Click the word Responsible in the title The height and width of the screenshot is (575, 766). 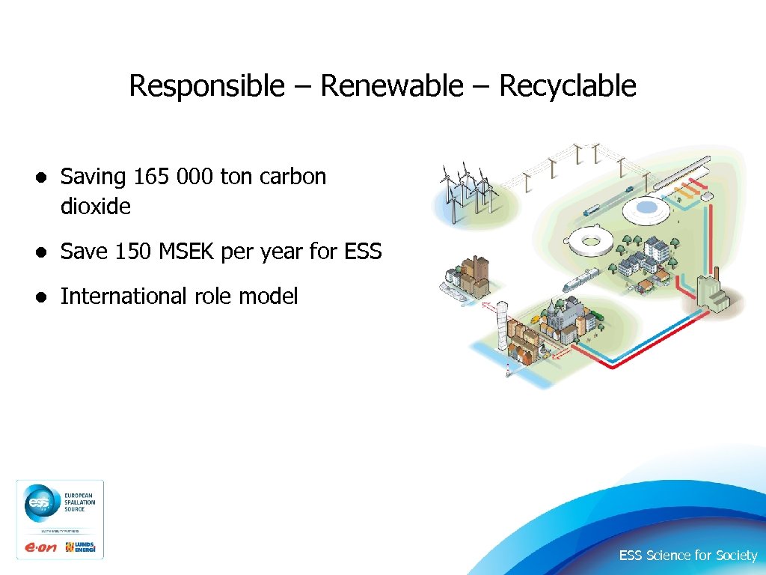pyautogui.click(x=206, y=86)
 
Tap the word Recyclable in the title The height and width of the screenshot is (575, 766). pyautogui.click(x=568, y=86)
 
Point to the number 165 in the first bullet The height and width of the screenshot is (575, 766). pyautogui.click(x=152, y=177)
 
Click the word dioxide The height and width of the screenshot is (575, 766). pyautogui.click(x=95, y=206)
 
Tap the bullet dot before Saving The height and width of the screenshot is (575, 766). pyautogui.click(x=45, y=177)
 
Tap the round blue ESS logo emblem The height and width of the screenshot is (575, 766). pyautogui.click(x=37, y=503)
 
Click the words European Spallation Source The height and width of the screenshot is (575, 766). pyautogui.click(x=79, y=503)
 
